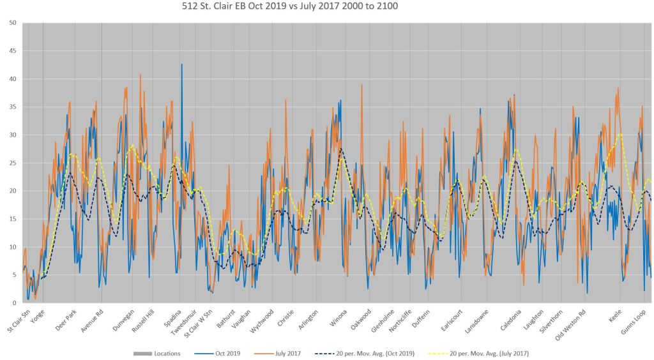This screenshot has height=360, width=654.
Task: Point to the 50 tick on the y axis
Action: click(x=13, y=23)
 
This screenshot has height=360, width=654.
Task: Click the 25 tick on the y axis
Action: click(x=13, y=163)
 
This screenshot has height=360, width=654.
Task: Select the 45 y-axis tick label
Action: click(x=13, y=51)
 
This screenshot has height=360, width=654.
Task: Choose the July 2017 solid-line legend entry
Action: click(x=282, y=353)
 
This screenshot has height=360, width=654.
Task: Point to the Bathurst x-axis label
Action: click(x=227, y=317)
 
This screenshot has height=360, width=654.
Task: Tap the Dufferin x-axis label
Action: click(x=420, y=317)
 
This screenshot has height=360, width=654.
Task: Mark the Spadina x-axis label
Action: click(x=173, y=317)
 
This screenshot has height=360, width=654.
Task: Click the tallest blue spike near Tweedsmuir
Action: click(x=181, y=64)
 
